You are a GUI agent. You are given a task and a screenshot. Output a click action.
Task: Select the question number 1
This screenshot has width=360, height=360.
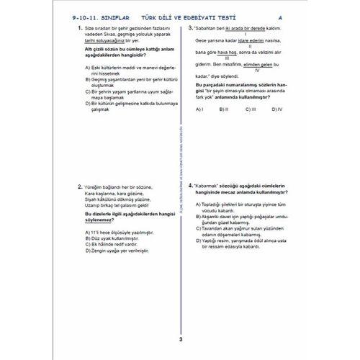point(78,27)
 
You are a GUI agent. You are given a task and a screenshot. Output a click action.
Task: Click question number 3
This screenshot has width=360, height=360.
point(189,27)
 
